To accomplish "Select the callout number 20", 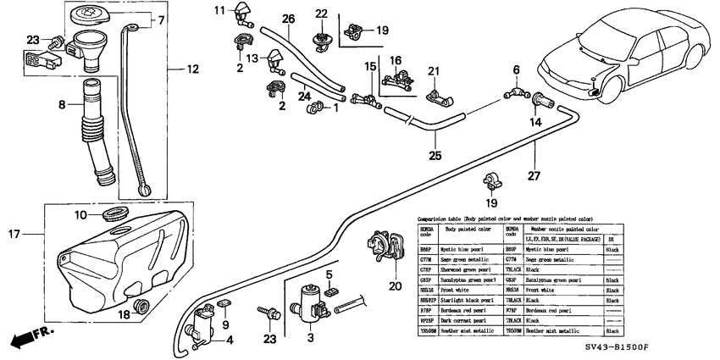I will [393, 285].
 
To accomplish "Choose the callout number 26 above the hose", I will [288, 18].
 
